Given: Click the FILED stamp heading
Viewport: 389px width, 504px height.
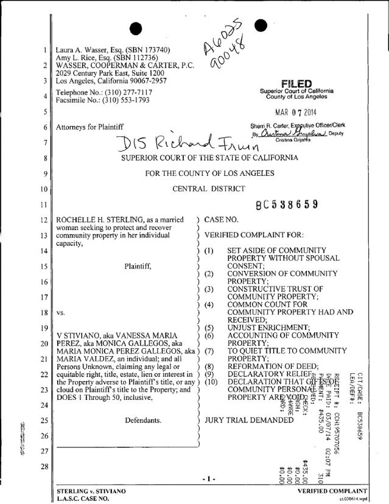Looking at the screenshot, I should (293, 83).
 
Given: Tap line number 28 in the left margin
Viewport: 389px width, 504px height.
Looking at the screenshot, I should (45, 467).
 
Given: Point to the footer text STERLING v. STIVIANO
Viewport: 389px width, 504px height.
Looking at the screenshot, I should (90, 490).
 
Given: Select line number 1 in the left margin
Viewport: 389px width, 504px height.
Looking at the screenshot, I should (46, 50).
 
